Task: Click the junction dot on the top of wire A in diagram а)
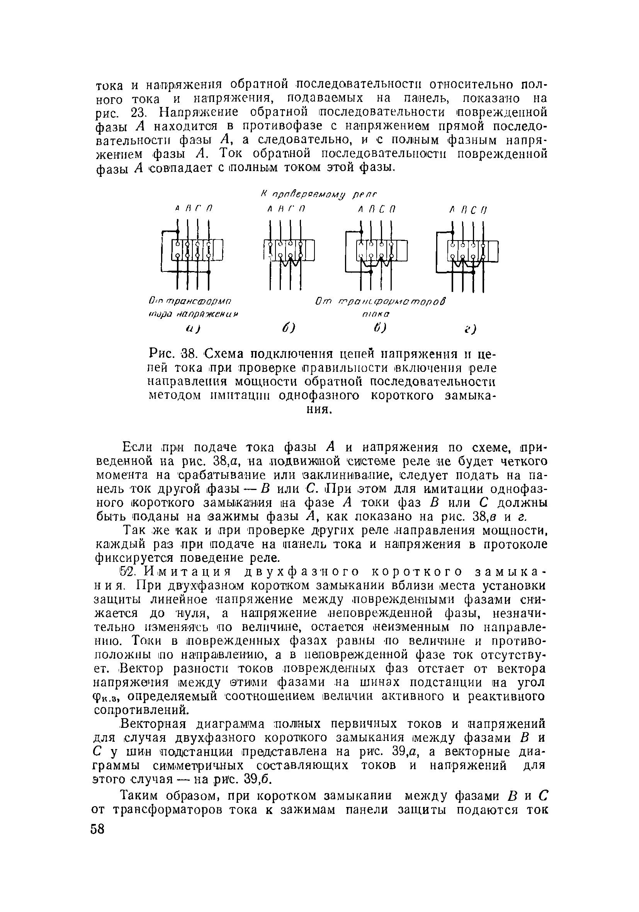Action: tap(178, 231)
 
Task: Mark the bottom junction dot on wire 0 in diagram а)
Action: tap(208, 272)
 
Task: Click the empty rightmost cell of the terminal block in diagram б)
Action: tap(309, 251)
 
